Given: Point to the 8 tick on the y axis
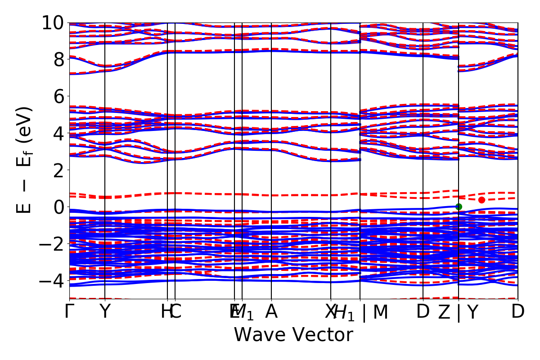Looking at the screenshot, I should click(58, 59).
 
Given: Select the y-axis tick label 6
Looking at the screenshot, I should click(58, 96).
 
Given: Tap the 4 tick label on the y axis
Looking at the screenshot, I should click(58, 133).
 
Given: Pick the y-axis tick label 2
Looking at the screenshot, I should click(58, 170).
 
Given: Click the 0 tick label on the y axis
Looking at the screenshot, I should click(58, 207).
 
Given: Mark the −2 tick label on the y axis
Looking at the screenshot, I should click(53, 244).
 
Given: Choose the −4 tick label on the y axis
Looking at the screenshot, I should click(53, 281).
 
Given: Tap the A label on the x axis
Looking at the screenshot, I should click(271, 311).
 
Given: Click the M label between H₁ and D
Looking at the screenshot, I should click(381, 311).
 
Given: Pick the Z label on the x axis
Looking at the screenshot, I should click(444, 311).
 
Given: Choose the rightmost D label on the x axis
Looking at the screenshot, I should click(518, 311).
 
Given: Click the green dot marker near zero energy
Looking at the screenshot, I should click(459, 207).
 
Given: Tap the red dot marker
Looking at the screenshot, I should click(481, 200).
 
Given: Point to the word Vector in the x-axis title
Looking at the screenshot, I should click(321, 335).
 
